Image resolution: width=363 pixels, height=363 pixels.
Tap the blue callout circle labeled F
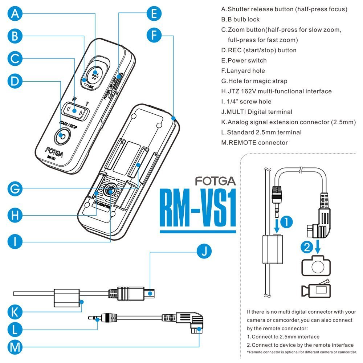click(x=155, y=36)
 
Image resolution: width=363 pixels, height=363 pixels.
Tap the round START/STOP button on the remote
click(x=62, y=136)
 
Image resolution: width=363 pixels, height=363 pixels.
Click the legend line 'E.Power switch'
click(x=244, y=61)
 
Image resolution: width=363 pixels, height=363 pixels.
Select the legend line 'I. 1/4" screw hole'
click(x=246, y=102)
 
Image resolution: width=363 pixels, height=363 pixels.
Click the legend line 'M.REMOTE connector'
click(x=254, y=143)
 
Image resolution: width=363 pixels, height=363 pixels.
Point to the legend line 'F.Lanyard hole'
click(x=243, y=71)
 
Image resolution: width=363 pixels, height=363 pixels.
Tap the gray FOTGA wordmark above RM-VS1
click(x=215, y=180)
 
